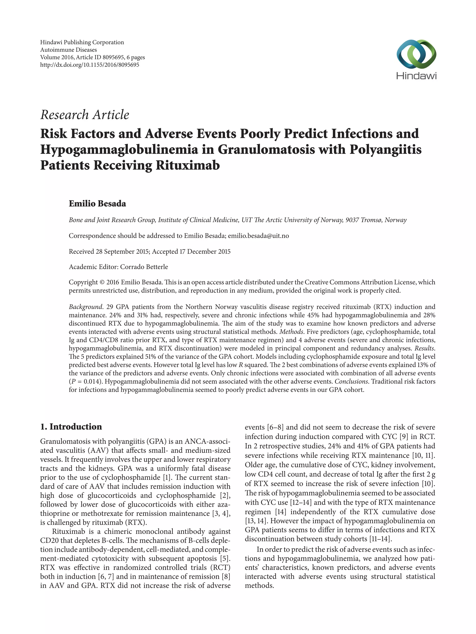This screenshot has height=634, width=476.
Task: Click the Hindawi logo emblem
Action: tap(416, 54)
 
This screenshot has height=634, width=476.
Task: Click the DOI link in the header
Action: tap(89, 65)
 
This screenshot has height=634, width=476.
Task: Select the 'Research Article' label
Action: tap(85, 115)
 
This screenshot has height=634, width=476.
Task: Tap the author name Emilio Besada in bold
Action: tap(97, 204)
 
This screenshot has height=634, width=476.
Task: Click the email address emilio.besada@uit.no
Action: tap(258, 236)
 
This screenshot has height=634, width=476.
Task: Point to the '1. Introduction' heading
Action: tap(71, 427)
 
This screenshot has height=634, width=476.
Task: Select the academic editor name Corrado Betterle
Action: tap(144, 267)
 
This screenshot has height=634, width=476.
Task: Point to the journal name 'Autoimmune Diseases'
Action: tap(68, 50)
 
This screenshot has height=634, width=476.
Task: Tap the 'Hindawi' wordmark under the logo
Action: tap(416, 76)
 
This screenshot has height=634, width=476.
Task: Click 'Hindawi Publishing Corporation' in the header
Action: tap(82, 42)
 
